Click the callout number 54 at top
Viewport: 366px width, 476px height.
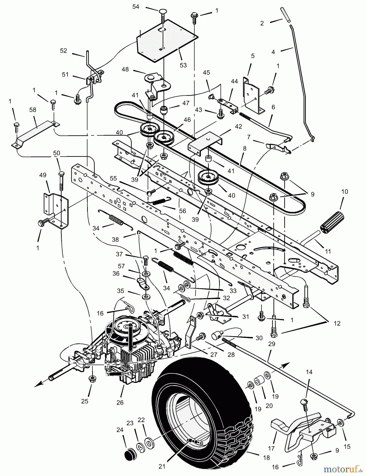[x=136, y=7]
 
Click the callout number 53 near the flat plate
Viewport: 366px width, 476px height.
[x=183, y=65]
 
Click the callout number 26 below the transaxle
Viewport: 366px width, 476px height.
[x=120, y=402]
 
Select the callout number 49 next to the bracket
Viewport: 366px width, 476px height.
[x=43, y=175]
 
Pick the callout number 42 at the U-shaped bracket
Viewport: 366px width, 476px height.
[x=238, y=126]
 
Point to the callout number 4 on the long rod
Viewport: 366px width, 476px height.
[x=273, y=52]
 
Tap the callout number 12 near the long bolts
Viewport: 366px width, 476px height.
[x=337, y=323]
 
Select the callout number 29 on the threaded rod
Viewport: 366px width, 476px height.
[x=272, y=344]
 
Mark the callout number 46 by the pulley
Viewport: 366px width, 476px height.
[x=187, y=120]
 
